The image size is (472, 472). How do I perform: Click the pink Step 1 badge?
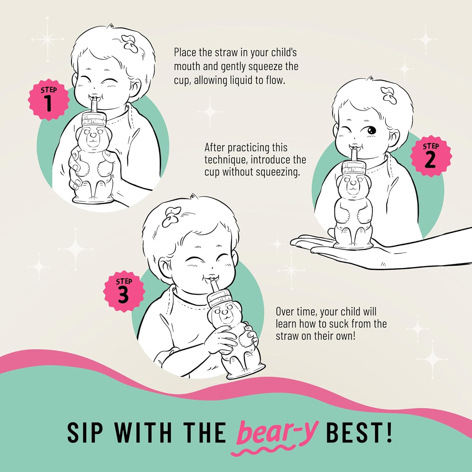tap(48, 99)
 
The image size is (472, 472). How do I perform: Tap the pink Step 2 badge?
tap(431, 156)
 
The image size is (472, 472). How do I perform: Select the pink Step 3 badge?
tap(124, 291)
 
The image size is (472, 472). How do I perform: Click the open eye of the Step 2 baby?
tap(371, 130)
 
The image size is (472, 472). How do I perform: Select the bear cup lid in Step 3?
tap(220, 298)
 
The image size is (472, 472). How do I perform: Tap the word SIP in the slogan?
tap(85, 433)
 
